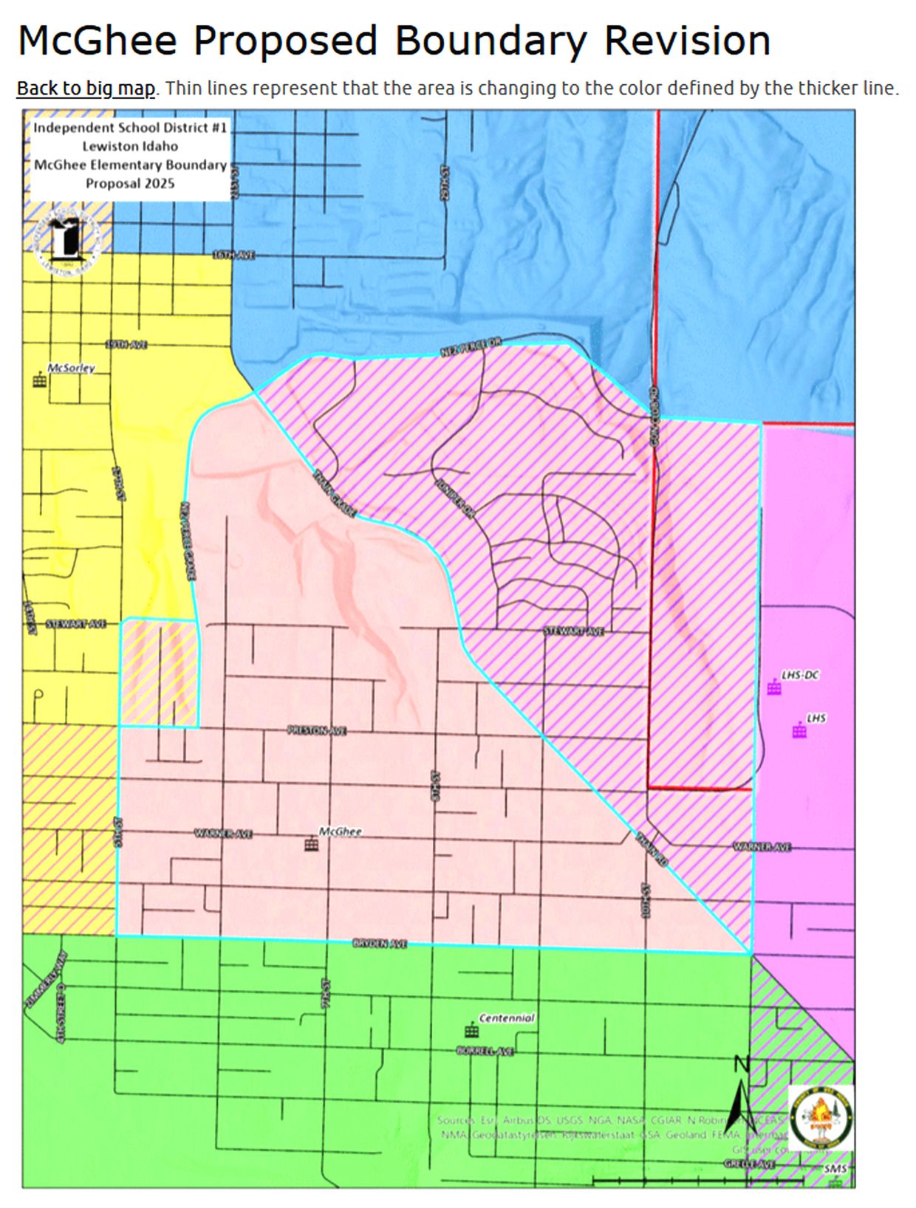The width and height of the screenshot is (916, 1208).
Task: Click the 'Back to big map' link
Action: coord(86,89)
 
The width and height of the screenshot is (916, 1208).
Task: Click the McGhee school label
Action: coord(340,831)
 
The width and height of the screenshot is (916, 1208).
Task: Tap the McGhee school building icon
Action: coord(311,844)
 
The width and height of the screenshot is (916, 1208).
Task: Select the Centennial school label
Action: coord(507,1017)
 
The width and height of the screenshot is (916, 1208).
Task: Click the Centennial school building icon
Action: coord(471,1031)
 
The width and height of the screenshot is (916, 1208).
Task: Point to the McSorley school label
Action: coord(71,368)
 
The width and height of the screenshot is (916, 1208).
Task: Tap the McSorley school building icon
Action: coord(39,380)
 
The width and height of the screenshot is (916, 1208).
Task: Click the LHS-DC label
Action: coord(800,675)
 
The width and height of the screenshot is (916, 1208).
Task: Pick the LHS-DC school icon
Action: coord(773,688)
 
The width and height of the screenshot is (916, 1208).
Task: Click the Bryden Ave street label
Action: coord(380,944)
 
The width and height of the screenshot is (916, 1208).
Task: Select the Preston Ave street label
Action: coord(316,730)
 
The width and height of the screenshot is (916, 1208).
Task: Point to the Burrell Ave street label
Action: coord(485,1051)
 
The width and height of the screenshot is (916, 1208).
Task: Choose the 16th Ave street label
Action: coord(233,255)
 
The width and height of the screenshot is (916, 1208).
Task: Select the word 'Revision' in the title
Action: coord(687,41)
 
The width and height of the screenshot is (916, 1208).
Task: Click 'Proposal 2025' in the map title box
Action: coord(130,183)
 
